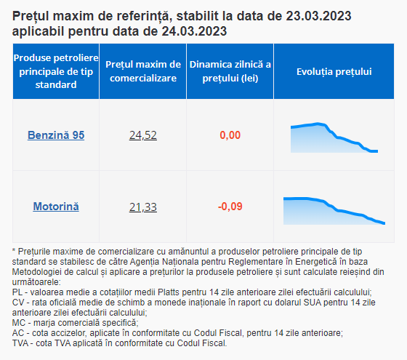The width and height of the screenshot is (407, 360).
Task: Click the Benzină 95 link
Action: pos(56,135)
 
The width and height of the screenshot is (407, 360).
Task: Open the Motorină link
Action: pos(56,207)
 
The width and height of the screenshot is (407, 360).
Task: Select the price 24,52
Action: pos(143,135)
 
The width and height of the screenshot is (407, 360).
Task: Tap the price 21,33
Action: pos(143,207)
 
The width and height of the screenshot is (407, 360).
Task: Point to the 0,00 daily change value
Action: pos(230,135)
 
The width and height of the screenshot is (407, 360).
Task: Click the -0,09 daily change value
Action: pos(230,207)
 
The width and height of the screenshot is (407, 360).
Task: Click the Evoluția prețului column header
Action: pos(334,72)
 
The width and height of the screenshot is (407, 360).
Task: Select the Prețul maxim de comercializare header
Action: pos(143,71)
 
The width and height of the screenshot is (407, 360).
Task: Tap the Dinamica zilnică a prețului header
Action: pos(230,71)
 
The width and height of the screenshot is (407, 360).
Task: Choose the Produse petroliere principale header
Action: pos(56,71)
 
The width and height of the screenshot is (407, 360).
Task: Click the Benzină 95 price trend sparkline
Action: pos(334,137)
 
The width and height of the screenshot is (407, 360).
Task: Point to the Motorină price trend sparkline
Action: pos(334,211)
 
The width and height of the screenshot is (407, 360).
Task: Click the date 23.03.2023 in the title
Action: pos(319,16)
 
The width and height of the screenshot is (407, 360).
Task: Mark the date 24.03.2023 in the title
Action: pos(195,31)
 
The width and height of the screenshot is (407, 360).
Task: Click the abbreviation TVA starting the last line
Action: pos(20,343)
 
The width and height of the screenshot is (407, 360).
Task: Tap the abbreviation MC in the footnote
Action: pos(19,323)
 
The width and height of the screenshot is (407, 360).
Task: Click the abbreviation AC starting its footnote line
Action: pos(18,333)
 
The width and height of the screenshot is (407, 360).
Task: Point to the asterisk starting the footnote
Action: pos(14,250)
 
